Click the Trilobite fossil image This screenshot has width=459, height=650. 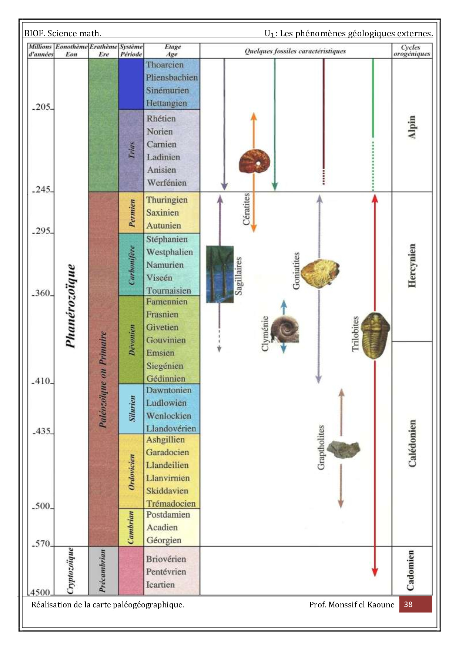tap(375, 335)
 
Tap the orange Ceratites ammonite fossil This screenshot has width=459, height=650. tap(254, 161)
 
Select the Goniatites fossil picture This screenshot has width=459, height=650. tap(320, 272)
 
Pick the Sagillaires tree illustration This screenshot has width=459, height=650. tap(220, 274)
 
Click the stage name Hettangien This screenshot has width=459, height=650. tap(166, 103)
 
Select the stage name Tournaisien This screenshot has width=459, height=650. tap(168, 291)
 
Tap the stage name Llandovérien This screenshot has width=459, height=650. tap(171, 428)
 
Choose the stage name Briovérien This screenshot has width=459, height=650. tap(166, 559)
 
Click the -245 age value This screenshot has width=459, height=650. tap(42, 190)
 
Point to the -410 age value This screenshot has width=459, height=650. tap(42, 381)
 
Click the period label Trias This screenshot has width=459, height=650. tap(131, 150)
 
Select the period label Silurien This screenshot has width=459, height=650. tap(132, 408)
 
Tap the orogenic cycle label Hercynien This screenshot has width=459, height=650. tap(412, 265)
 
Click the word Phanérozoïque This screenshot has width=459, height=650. tap(70, 306)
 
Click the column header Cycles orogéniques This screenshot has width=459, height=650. tap(412, 50)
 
